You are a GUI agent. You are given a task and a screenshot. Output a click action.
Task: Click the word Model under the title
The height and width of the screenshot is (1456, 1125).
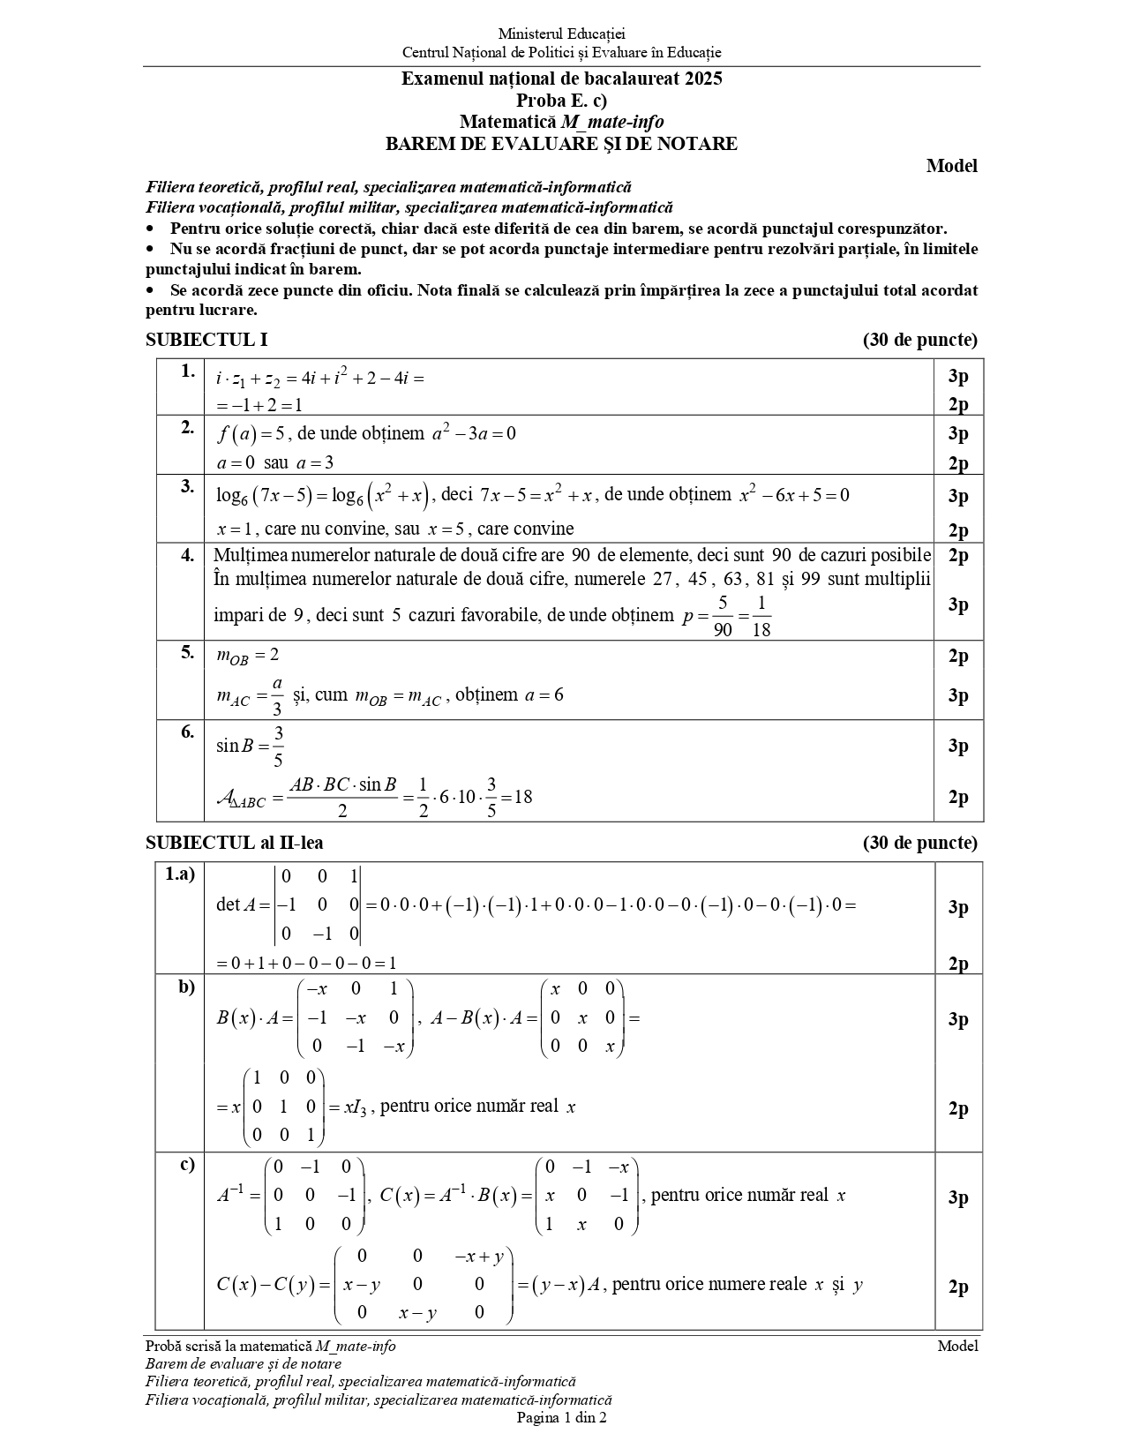(951, 166)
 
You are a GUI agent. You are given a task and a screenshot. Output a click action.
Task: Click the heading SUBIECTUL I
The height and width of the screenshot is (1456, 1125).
(206, 340)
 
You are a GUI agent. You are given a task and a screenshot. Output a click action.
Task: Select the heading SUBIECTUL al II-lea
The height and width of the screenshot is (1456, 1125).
(234, 843)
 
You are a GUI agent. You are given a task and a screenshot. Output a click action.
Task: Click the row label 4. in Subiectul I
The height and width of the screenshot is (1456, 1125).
(187, 555)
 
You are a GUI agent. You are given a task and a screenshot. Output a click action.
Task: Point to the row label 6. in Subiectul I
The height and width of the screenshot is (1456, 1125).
(187, 731)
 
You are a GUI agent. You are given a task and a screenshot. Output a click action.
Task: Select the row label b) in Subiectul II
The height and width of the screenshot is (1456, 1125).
(186, 987)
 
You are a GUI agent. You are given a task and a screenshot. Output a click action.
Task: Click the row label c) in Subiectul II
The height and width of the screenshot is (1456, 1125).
(187, 1164)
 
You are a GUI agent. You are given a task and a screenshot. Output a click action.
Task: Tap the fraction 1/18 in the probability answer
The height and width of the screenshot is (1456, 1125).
(761, 616)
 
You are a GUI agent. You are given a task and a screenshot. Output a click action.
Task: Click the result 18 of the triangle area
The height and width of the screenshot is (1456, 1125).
(522, 797)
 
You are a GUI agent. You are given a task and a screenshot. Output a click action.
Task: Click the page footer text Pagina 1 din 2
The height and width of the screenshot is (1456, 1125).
(561, 1418)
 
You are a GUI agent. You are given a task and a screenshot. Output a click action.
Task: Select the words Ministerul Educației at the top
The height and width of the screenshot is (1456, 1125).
(561, 34)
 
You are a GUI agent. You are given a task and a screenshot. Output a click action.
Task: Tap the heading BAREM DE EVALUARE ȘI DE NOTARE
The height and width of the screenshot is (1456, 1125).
(561, 143)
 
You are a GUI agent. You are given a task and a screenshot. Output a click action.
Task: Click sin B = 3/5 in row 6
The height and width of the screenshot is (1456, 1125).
(250, 746)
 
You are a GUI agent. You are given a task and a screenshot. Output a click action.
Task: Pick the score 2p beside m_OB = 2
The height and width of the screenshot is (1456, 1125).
(957, 656)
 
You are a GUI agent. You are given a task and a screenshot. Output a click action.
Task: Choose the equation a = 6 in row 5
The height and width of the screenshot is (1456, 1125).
(544, 695)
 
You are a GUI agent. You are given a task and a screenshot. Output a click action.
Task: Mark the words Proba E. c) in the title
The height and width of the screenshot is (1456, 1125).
(561, 100)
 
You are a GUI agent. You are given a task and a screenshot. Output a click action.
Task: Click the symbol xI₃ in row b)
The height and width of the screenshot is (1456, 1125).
(354, 1107)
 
